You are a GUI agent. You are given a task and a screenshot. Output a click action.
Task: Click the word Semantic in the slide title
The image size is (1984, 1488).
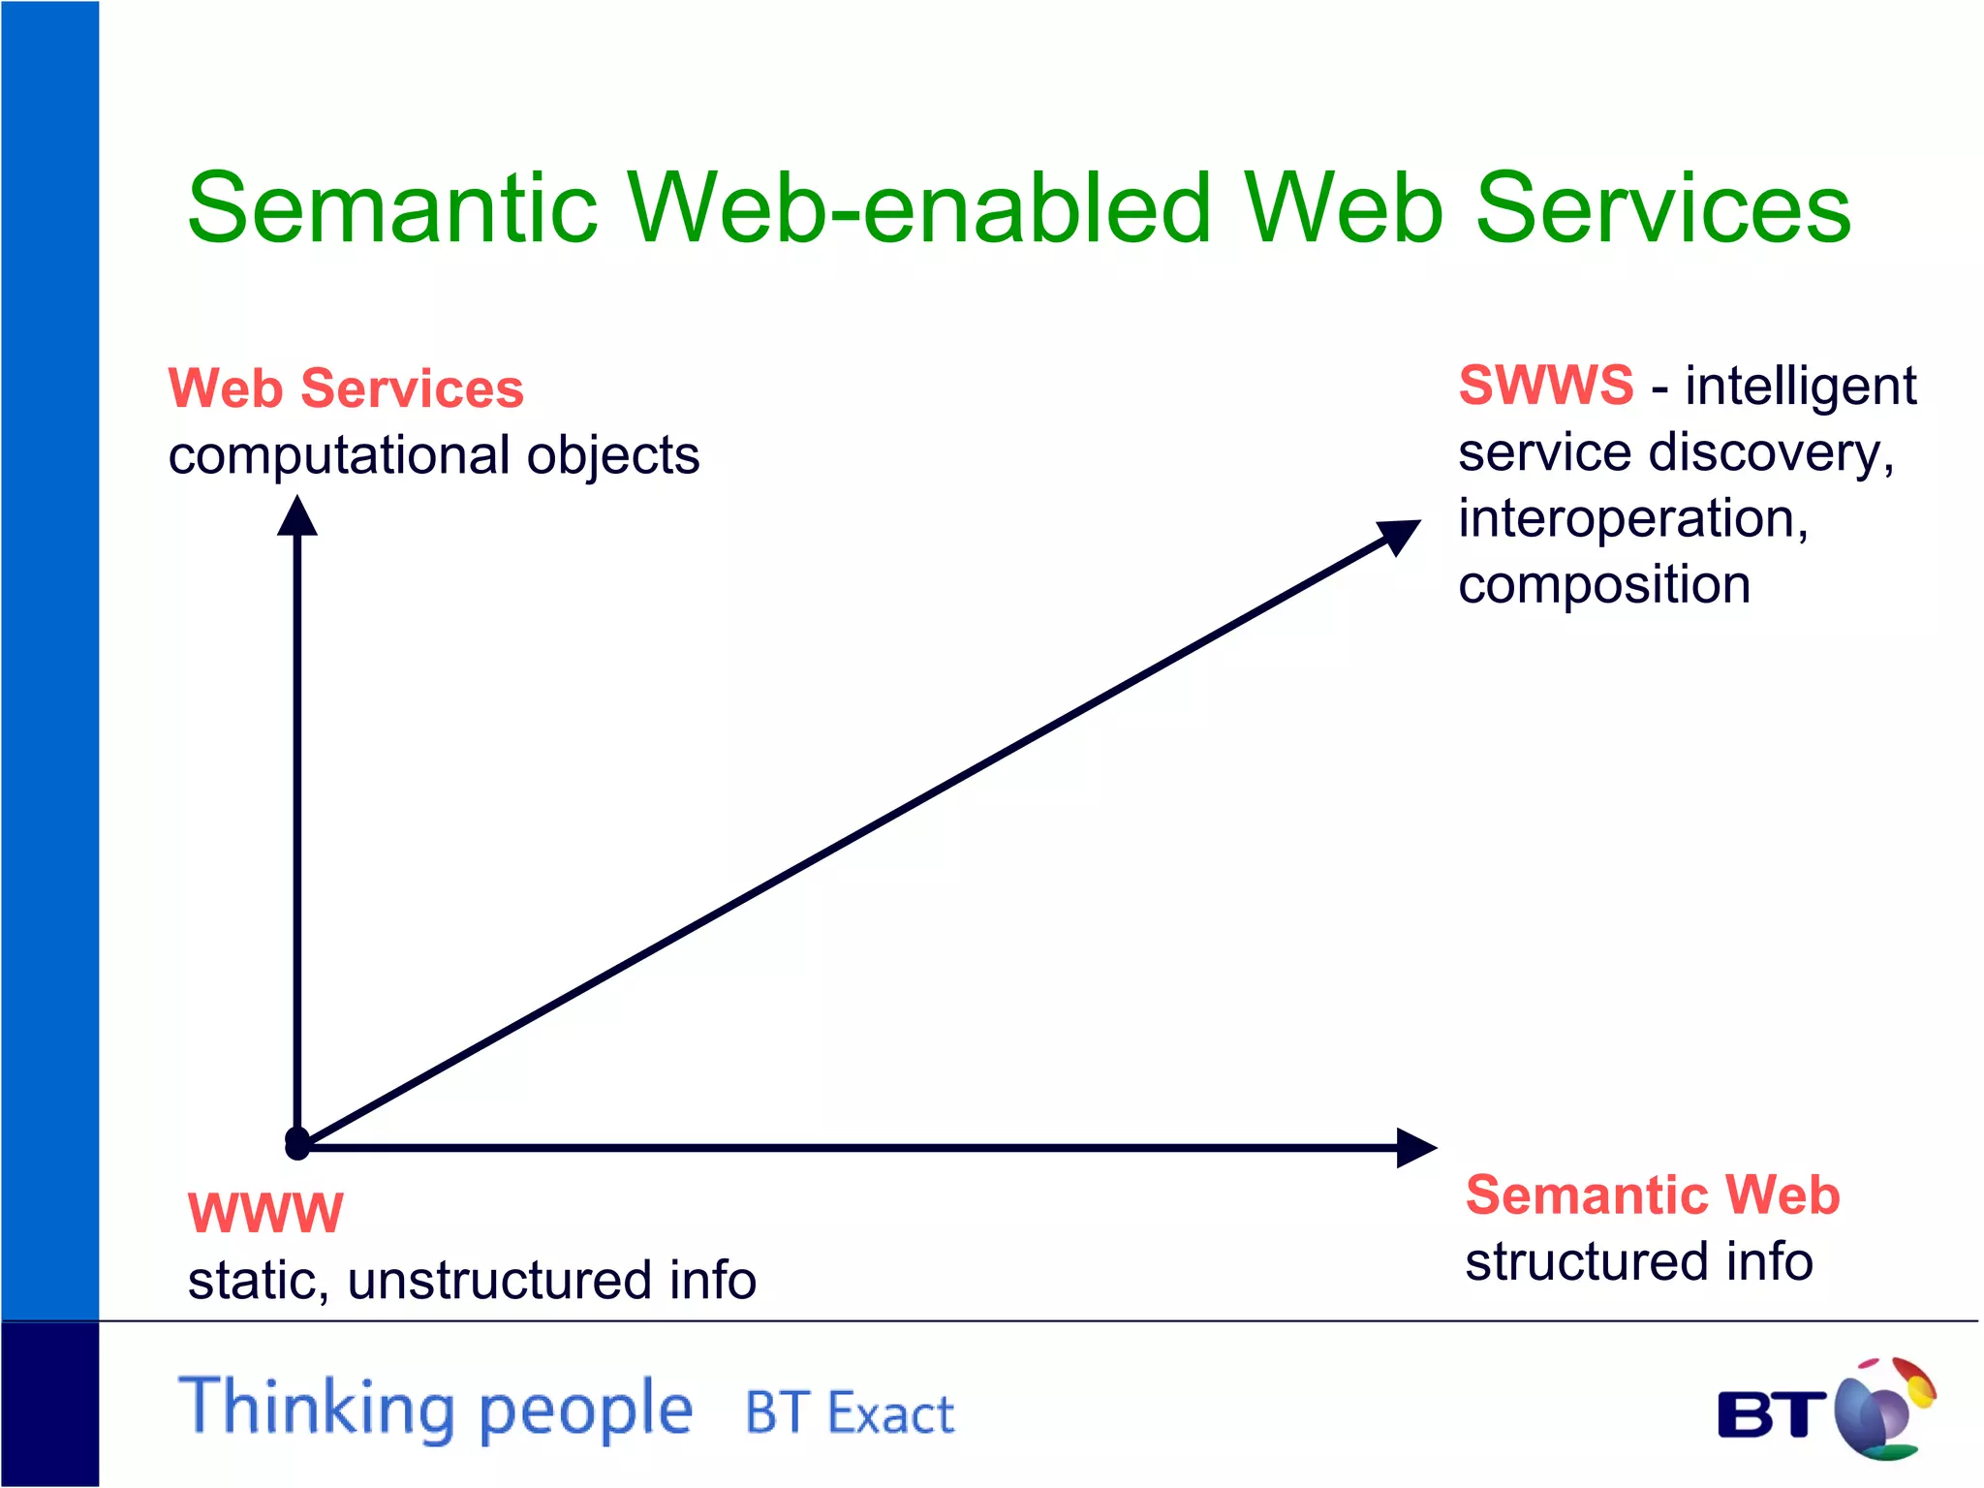coord(392,208)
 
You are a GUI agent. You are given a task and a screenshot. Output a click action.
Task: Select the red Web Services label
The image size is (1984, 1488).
coord(346,388)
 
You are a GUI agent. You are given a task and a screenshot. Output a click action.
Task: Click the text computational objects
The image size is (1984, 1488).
coord(433,455)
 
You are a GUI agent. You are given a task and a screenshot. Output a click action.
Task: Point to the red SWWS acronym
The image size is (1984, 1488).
coord(1545,385)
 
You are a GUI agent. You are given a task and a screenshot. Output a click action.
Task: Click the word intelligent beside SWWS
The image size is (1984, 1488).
coord(1800,387)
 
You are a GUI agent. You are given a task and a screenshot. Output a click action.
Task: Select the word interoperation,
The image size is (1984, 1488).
coord(1632,518)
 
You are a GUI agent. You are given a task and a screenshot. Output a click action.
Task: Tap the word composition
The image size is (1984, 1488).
coord(1603,585)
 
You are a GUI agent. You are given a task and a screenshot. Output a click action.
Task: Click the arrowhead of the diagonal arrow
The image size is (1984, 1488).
coord(1400,535)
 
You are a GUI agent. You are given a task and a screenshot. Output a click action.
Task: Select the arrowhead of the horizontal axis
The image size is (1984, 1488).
coord(1416,1147)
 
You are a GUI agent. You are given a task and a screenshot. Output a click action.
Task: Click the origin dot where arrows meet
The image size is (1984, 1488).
coord(297,1143)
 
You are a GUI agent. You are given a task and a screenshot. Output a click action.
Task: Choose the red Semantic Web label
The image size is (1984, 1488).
coord(1652,1194)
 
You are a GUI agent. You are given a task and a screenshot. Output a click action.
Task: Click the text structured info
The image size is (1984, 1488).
coord(1638,1261)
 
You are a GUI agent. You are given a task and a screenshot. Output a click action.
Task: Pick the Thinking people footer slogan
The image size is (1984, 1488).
coord(436,1407)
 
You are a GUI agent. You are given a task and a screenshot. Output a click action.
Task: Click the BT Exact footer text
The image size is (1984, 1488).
coord(849,1412)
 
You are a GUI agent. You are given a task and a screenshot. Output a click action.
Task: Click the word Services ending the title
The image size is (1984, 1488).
coord(1661,208)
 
